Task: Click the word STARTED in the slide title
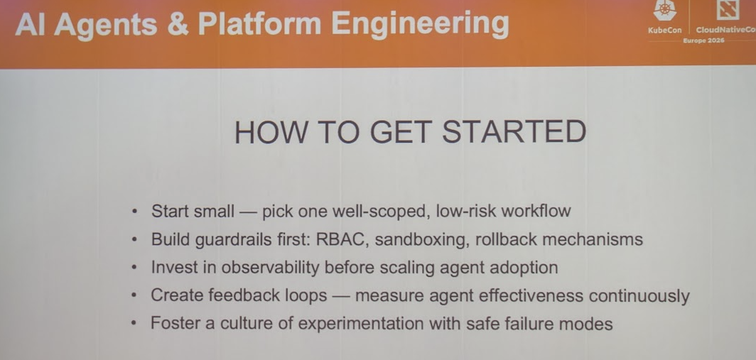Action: [514, 131]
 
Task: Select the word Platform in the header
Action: [259, 23]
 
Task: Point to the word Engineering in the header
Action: [420, 24]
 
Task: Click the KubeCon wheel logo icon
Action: [665, 11]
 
